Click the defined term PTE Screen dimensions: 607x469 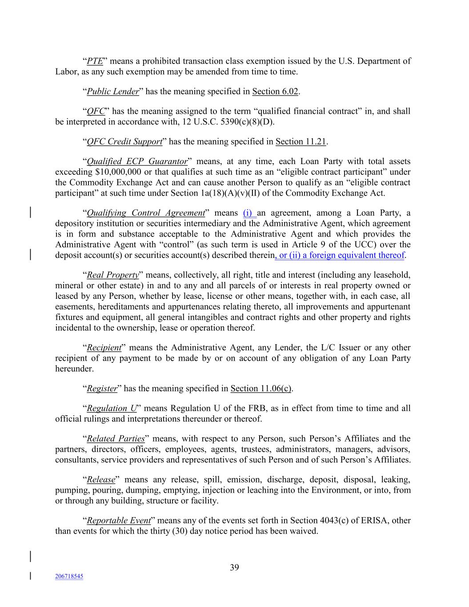[x=95, y=61]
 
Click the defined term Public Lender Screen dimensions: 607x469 [x=113, y=92]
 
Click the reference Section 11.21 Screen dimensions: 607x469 [x=301, y=142]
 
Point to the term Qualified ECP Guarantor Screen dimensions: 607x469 [x=137, y=161]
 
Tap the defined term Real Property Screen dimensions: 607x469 [x=113, y=275]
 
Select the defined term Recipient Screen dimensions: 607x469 [x=104, y=348]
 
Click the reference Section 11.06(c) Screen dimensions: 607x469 [x=261, y=389]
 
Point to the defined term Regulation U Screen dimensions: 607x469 [x=112, y=408]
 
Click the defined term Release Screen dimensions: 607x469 [x=101, y=480]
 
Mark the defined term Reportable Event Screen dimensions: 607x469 [x=119, y=521]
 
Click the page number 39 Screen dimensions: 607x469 [x=234, y=567]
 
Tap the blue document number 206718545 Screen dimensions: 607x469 [x=69, y=576]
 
